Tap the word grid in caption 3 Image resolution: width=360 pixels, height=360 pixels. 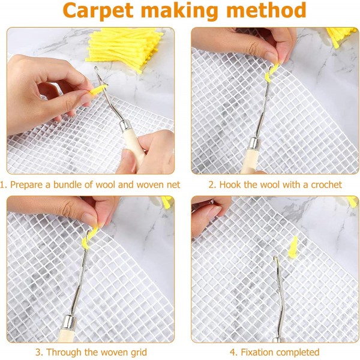coord(136,352)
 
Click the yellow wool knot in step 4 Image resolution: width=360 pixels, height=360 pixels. coord(293,246)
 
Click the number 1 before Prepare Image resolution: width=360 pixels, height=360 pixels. coord(4,185)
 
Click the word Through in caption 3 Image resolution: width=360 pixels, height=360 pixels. coord(64,352)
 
